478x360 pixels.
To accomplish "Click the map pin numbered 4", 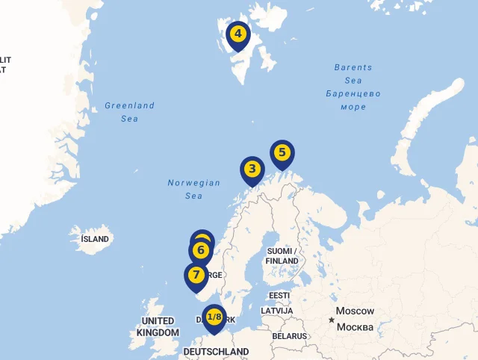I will click(x=238, y=34).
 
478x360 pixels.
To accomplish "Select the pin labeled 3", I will click(x=252, y=170).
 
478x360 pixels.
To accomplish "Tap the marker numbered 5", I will click(x=282, y=153).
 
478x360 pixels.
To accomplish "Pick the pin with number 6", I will click(x=200, y=250).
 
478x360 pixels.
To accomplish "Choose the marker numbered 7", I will click(x=196, y=275).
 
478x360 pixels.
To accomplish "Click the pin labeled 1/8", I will click(x=214, y=317).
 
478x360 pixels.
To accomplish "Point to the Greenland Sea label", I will click(x=130, y=111).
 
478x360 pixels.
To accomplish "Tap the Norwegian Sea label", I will click(x=193, y=189).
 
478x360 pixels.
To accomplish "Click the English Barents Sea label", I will click(x=353, y=74).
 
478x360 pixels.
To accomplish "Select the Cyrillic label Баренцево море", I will click(x=353, y=100).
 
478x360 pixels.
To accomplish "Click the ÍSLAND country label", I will click(x=95, y=239).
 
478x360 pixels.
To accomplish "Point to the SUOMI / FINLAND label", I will click(x=282, y=255).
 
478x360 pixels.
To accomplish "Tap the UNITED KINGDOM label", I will click(x=158, y=326).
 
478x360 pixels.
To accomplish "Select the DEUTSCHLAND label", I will click(x=216, y=351).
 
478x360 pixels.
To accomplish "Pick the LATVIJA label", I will click(x=276, y=311).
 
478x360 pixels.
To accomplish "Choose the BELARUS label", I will click(x=289, y=336).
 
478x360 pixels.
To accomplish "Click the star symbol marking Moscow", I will click(x=332, y=320).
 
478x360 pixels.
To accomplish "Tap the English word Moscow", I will click(x=355, y=311).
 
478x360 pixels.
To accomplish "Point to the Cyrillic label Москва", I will click(x=356, y=327).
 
